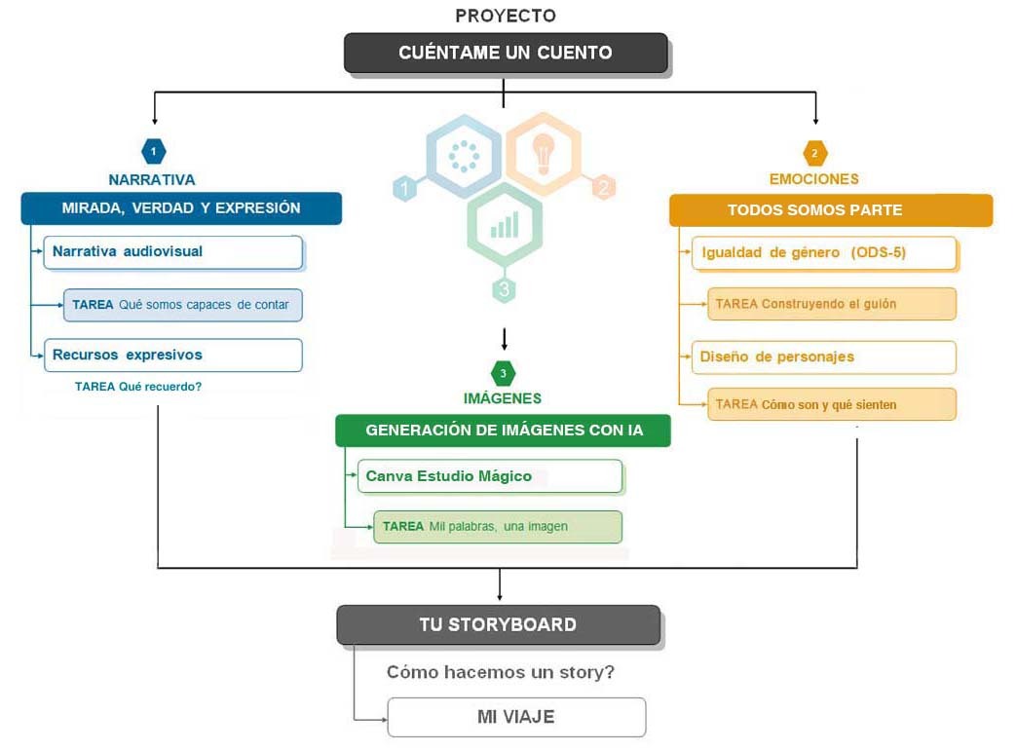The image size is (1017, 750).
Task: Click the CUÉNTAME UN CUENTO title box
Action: (506, 53)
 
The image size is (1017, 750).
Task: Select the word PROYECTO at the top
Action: (506, 16)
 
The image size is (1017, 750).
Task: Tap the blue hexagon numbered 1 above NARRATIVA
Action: (153, 151)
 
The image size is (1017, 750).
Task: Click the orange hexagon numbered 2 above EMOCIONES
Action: (814, 152)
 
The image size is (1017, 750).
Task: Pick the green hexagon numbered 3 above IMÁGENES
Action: (503, 373)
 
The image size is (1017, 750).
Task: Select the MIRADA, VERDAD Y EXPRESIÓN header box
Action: (181, 208)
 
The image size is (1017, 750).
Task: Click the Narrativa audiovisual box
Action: (171, 251)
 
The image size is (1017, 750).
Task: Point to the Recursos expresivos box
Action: (171, 355)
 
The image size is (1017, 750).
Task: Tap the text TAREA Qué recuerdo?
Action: (138, 387)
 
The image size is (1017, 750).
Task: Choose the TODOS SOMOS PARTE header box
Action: (830, 210)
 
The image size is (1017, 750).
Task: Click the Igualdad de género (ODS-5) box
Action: (824, 253)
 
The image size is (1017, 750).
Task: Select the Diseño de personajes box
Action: (824, 356)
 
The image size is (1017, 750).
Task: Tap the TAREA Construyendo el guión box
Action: (832, 304)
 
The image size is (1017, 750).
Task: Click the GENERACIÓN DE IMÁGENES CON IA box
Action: (503, 430)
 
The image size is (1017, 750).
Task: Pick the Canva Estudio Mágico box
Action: (489, 476)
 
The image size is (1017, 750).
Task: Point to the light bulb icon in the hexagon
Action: (544, 152)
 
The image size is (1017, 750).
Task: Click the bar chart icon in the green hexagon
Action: (505, 226)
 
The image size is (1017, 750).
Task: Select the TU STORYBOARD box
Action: (498, 624)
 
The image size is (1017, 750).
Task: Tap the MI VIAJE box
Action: (516, 717)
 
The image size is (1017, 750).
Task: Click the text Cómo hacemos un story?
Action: (501, 672)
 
